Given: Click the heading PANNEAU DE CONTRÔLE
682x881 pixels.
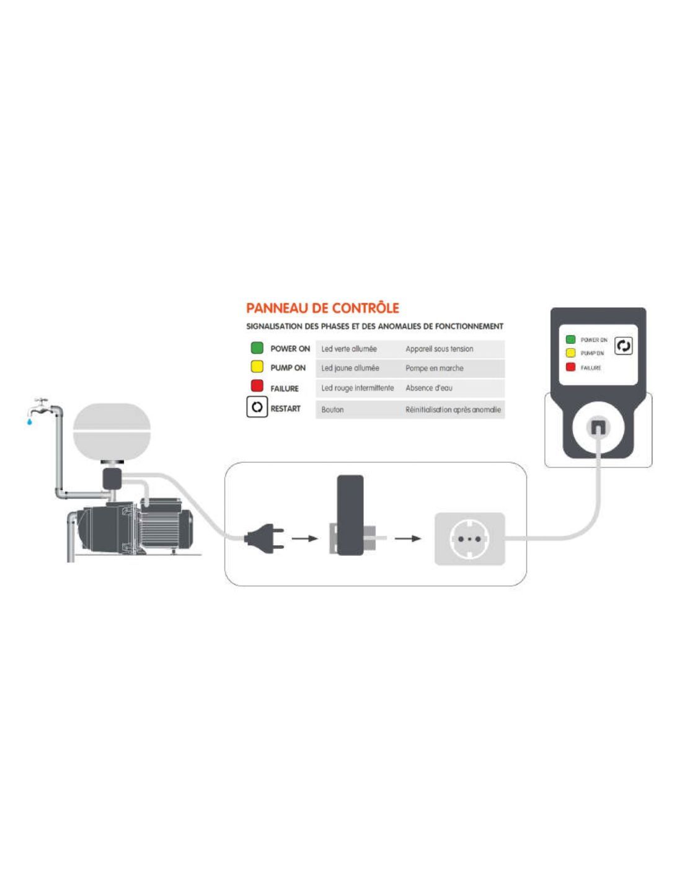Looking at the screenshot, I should [322, 308].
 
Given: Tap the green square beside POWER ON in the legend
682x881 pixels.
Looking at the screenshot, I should [257, 348].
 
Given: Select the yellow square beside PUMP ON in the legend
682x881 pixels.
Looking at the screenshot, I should [257, 367].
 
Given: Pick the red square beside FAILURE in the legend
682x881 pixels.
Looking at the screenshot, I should [257, 386].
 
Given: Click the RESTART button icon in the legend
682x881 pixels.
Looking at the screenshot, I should [257, 408].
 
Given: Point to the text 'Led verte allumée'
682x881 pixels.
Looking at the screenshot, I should [349, 349].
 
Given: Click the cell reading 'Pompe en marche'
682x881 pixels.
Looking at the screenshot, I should [434, 368].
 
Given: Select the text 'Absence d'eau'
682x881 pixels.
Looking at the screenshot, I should [428, 388].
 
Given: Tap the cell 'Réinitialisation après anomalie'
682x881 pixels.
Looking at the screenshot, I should [453, 410].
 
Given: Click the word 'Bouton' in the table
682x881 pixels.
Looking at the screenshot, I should [332, 410].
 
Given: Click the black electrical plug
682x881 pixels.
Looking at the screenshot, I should [263, 538].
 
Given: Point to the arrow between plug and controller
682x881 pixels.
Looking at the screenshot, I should [304, 538].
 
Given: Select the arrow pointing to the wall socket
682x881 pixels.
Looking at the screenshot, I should [407, 538].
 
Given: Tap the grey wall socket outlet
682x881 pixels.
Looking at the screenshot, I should [469, 538].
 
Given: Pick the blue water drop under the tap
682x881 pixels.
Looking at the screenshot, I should [29, 422].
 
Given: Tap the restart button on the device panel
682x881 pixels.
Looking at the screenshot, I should [623, 346].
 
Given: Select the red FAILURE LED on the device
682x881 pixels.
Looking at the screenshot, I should [570, 367].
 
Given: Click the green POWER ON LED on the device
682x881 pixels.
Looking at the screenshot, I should [570, 340].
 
